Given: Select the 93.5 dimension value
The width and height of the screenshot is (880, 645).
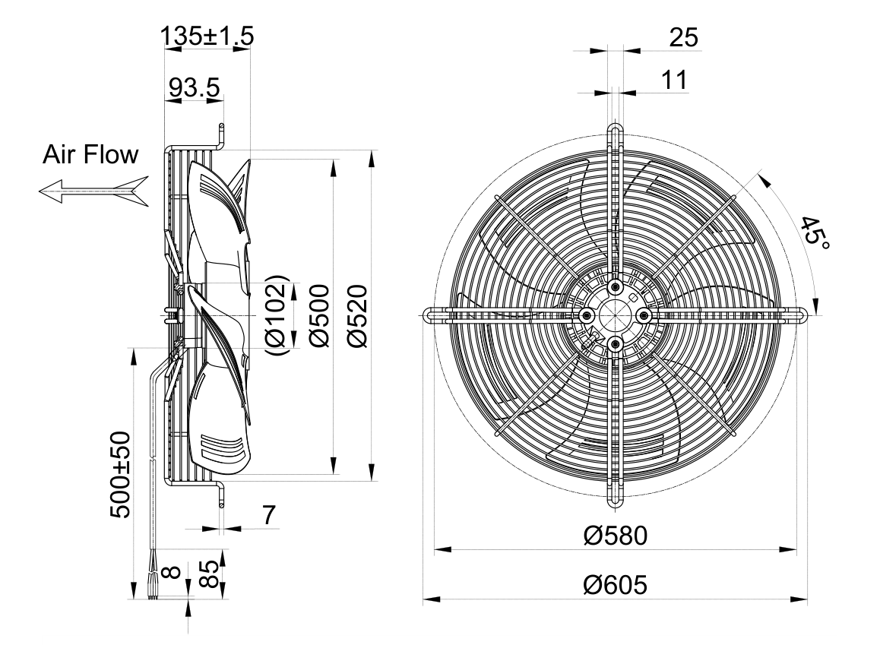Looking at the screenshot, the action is pos(195,87).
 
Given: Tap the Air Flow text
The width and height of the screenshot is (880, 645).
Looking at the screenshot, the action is pos(90,154).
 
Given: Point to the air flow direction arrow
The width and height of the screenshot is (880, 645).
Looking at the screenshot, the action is pos(93,191).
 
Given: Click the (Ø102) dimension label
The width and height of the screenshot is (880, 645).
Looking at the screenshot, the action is pos(276,315).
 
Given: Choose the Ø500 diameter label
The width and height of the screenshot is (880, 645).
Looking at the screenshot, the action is pos(319,315).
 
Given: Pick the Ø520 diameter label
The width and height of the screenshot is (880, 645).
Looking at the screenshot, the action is pos(357,315).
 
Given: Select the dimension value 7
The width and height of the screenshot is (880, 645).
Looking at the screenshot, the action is pos(269,514).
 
